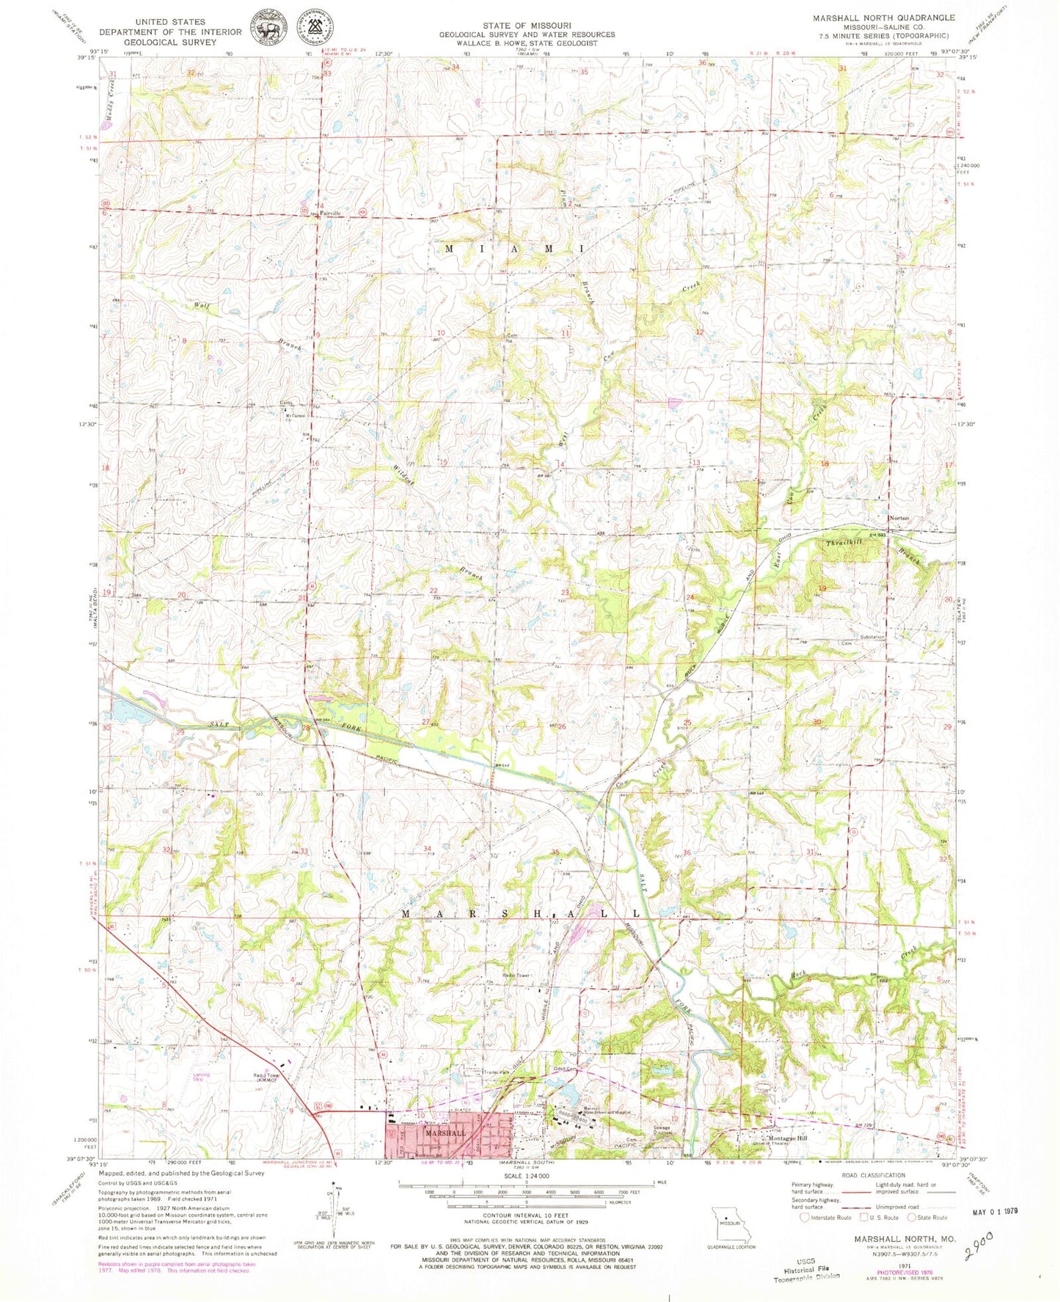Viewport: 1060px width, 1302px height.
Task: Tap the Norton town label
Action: (899, 518)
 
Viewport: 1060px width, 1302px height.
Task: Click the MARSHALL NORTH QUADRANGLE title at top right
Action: (883, 18)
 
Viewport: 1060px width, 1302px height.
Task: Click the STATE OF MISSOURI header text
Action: (527, 25)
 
